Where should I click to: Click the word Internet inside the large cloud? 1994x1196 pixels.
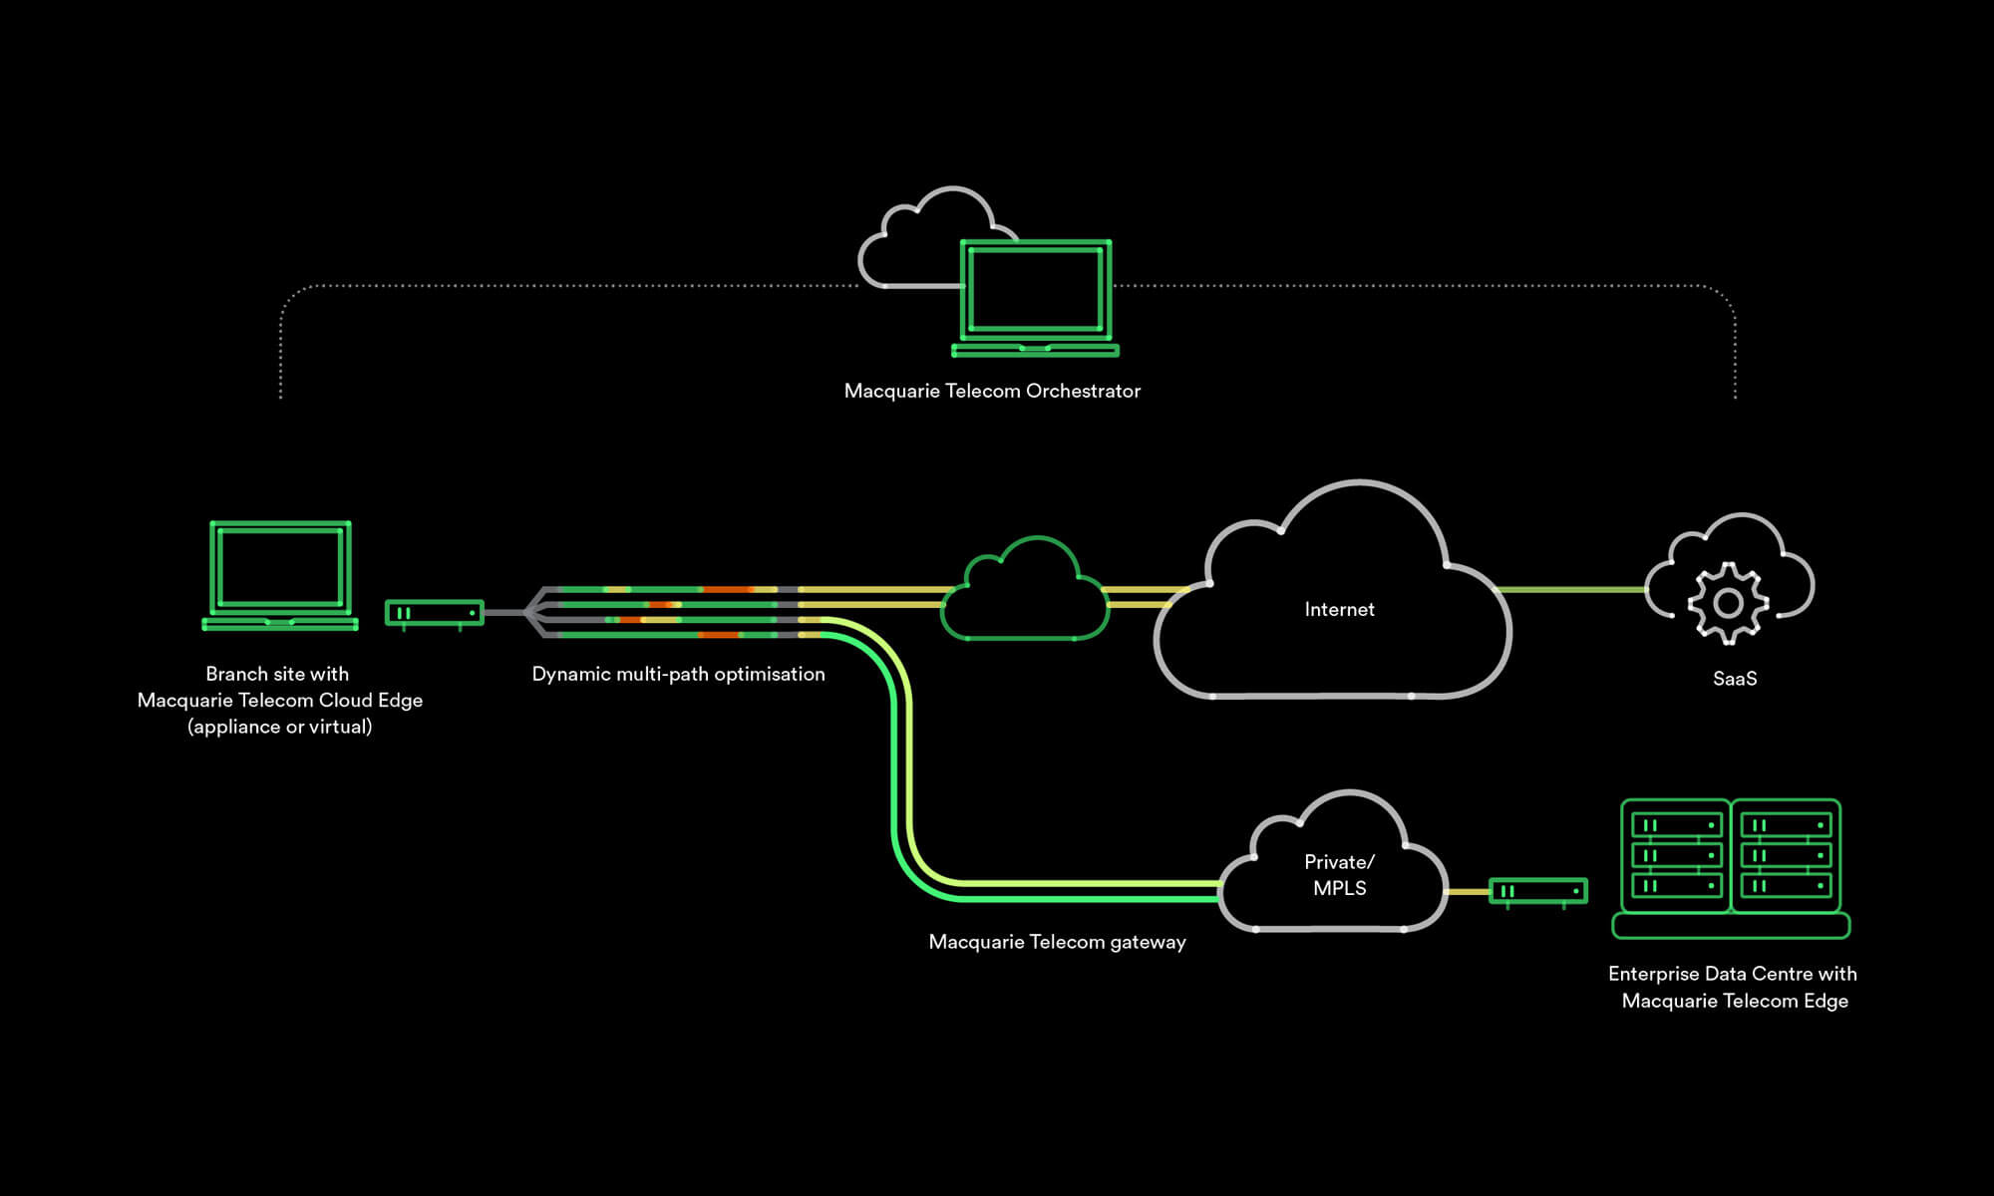tap(1339, 609)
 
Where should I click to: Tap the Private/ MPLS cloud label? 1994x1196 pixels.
tap(1339, 875)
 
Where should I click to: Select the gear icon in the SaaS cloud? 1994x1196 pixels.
tap(1728, 602)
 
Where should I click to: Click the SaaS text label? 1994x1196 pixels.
tap(1735, 679)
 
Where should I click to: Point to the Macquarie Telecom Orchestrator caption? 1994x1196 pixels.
tap(992, 391)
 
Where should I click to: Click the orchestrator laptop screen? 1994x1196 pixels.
tap(1035, 289)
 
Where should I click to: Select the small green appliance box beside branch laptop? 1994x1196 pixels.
tap(434, 613)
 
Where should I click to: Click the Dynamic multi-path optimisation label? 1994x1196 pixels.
tap(678, 674)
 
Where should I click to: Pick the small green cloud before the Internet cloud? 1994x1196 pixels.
tap(1025, 595)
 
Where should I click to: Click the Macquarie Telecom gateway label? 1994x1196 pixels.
tap(1057, 942)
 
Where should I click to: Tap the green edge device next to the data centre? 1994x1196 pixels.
tap(1537, 891)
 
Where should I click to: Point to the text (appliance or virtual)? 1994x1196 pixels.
tap(280, 727)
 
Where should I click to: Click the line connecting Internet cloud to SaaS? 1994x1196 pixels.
tap(1570, 589)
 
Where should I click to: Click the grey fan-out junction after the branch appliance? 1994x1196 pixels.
tap(534, 612)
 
